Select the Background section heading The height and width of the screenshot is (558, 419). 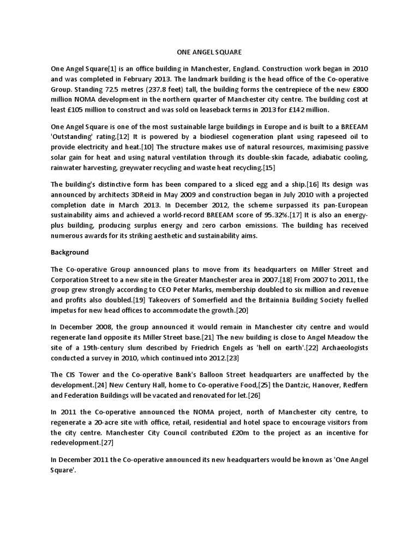(70, 253)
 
